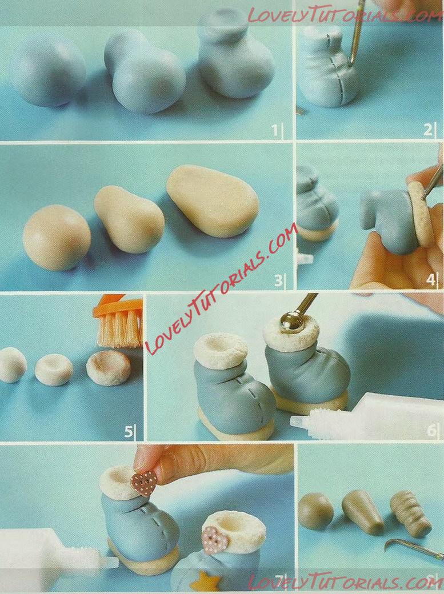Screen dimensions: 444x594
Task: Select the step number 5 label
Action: tap(129, 431)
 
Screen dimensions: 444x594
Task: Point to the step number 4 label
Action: tap(431, 280)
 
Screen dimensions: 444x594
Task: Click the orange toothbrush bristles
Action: tap(120, 328)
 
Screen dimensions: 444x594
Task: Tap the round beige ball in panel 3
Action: tap(57, 238)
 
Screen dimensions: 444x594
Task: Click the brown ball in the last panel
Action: tap(315, 511)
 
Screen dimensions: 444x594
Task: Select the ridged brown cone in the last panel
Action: tap(410, 513)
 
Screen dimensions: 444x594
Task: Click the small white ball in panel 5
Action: tap(12, 365)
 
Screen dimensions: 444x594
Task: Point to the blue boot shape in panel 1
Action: tap(235, 57)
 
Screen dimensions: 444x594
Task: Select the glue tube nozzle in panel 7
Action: tap(108, 563)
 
